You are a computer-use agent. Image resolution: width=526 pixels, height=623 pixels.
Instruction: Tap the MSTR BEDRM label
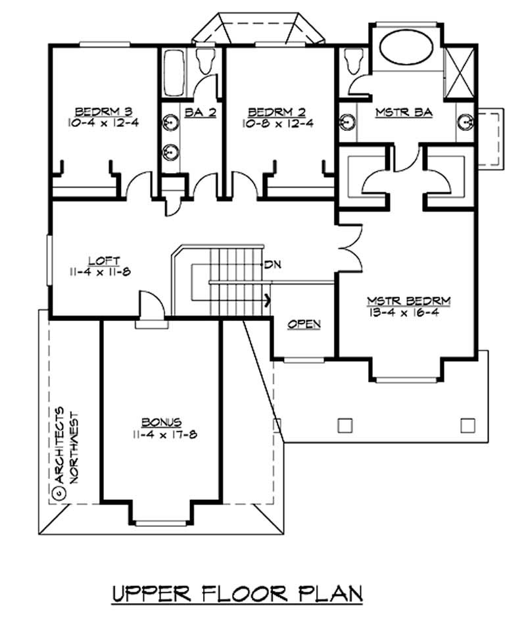(408, 301)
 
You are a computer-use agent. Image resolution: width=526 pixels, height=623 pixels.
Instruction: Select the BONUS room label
(160, 422)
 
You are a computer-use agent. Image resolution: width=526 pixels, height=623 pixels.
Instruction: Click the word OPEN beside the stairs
(304, 324)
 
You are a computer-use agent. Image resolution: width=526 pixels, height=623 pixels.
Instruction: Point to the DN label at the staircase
(272, 265)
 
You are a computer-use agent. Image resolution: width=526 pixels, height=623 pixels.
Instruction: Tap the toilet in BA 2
(204, 62)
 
